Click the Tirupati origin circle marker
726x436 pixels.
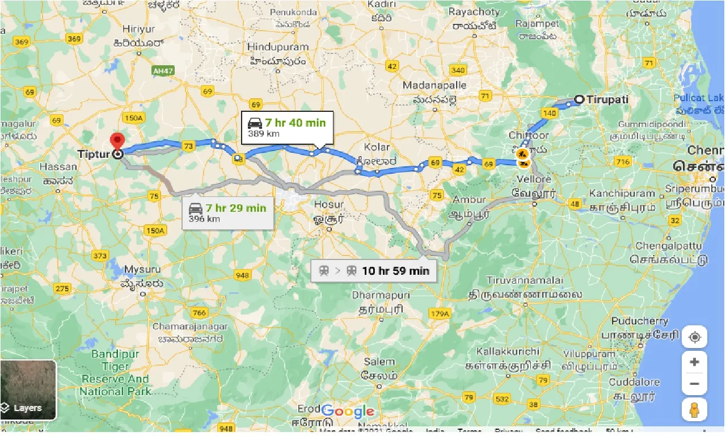point(579,99)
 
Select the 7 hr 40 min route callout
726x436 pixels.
point(287,128)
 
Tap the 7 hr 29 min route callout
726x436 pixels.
point(227,212)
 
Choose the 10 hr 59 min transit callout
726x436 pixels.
point(374,270)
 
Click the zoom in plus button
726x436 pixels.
point(694,362)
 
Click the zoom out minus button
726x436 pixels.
point(694,384)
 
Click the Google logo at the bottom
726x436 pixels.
point(348,412)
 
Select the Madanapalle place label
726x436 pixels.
point(434,85)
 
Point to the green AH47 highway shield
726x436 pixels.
point(163,71)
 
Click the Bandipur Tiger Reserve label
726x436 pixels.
point(116,373)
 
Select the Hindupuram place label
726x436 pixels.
point(277,47)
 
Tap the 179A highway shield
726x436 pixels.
point(439,313)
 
